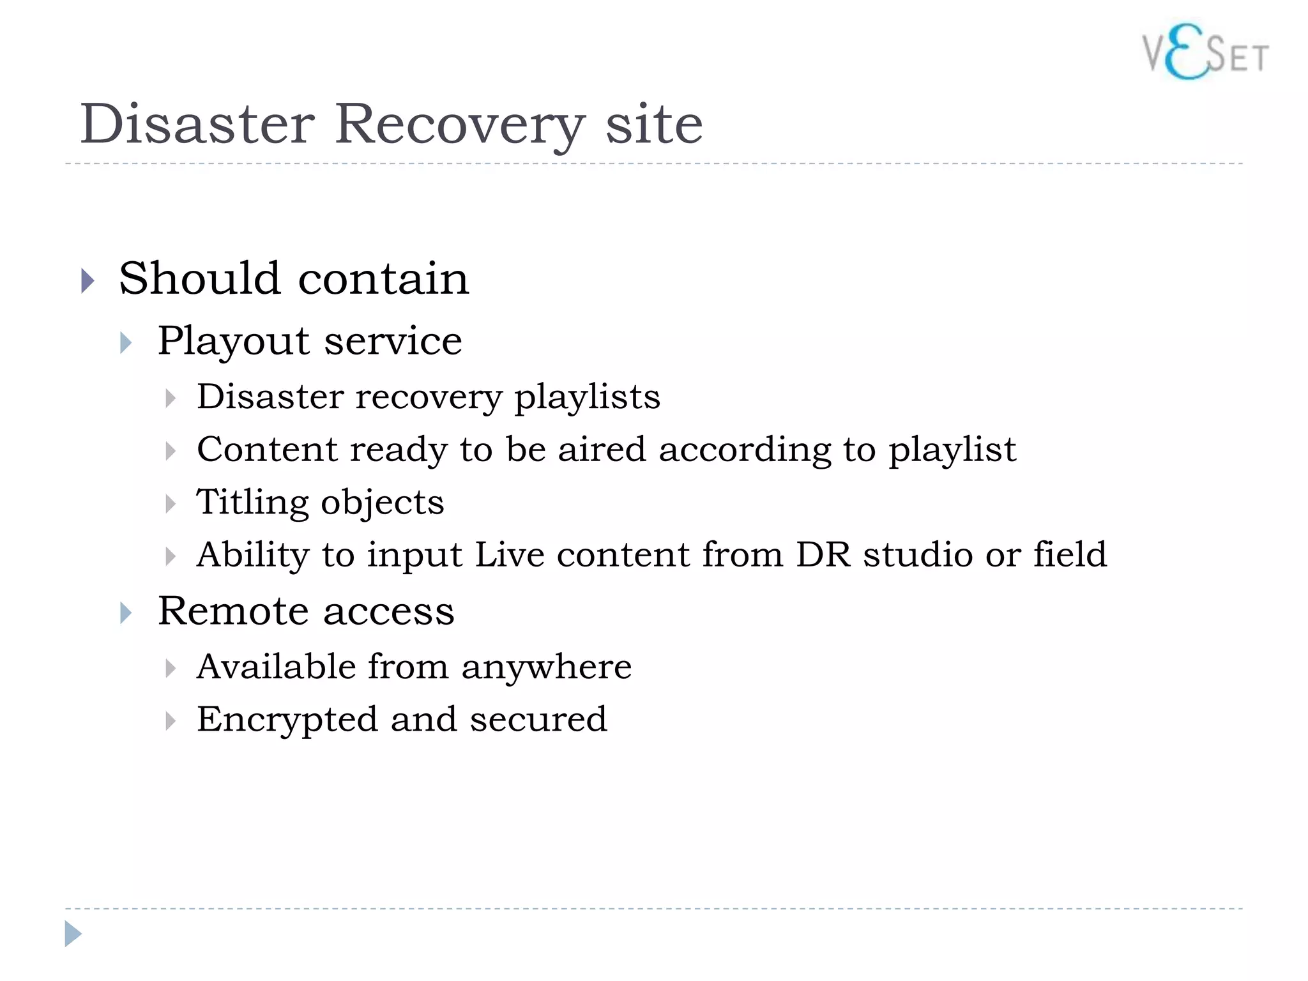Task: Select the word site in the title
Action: (x=654, y=124)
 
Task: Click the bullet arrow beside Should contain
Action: (x=88, y=280)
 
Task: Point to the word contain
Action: (x=383, y=279)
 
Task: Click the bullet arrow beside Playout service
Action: (x=126, y=343)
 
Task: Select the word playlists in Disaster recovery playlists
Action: (x=587, y=397)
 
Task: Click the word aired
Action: (x=602, y=449)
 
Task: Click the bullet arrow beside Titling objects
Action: (x=170, y=504)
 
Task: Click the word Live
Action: (x=510, y=554)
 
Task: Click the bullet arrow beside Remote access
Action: (x=126, y=613)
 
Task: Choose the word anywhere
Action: (x=546, y=668)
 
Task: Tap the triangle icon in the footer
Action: (x=73, y=934)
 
